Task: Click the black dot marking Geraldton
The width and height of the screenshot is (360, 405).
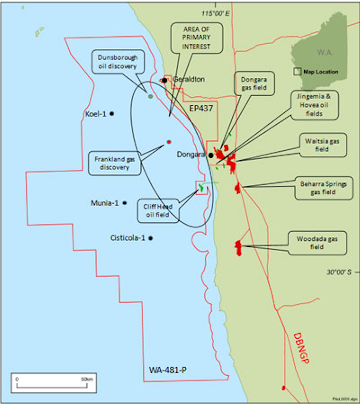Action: pos(164,80)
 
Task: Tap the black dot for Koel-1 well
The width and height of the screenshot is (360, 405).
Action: pos(112,114)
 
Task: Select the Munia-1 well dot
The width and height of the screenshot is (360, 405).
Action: pos(125,203)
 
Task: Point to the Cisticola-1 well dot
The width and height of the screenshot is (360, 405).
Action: pos(150,238)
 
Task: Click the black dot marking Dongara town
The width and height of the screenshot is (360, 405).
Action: pos(211,155)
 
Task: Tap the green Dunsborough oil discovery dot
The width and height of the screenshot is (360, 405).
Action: pos(150,96)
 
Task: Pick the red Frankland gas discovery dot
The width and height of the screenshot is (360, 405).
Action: pos(169,142)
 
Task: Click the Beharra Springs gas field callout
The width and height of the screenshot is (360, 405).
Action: pos(324,187)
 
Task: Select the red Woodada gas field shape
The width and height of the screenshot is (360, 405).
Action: pos(239,247)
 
